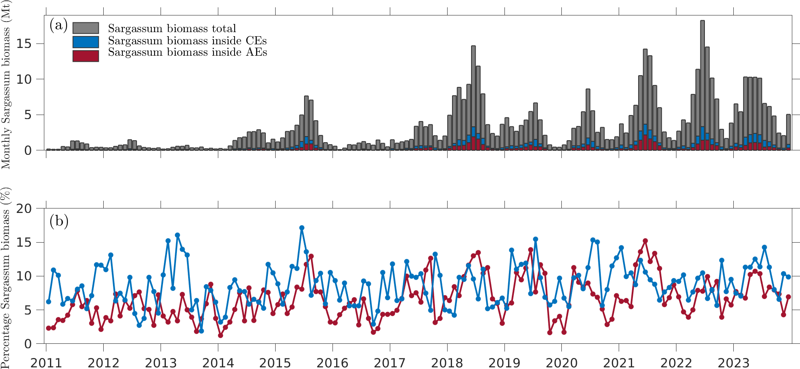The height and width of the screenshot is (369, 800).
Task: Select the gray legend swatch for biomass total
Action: pyautogui.click(x=86, y=28)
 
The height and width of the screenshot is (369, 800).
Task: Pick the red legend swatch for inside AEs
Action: pyautogui.click(x=86, y=56)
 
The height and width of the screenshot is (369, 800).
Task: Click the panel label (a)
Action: pyautogui.click(x=59, y=25)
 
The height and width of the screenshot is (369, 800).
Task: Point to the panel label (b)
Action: pyautogui.click(x=59, y=221)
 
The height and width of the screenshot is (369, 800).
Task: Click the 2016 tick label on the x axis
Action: pyautogui.click(x=332, y=362)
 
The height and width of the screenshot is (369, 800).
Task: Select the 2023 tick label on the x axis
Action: pyautogui.click(x=733, y=362)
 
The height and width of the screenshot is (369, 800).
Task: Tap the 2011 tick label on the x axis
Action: pyautogui.click(x=46, y=362)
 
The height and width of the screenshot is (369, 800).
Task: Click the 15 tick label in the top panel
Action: pyautogui.click(x=24, y=44)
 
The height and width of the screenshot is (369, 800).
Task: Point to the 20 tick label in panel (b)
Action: pyautogui.click(x=24, y=209)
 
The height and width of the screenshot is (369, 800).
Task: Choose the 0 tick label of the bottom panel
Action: pyautogui.click(x=28, y=344)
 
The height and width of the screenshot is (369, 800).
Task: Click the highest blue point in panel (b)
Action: pyautogui.click(x=302, y=228)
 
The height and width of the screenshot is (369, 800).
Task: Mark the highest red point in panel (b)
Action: pyautogui.click(x=645, y=241)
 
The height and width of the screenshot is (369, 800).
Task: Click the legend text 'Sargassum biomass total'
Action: pyautogui.click(x=172, y=28)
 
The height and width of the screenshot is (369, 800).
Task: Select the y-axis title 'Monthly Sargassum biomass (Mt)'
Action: pyautogui.click(x=6, y=85)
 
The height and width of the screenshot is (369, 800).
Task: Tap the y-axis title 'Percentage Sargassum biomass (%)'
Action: pyautogui.click(x=6, y=278)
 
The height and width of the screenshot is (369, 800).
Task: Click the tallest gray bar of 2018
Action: pyautogui.click(x=473, y=98)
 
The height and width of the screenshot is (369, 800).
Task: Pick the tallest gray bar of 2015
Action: pyautogui.click(x=307, y=122)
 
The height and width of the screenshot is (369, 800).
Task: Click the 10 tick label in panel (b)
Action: pyautogui.click(x=24, y=276)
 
